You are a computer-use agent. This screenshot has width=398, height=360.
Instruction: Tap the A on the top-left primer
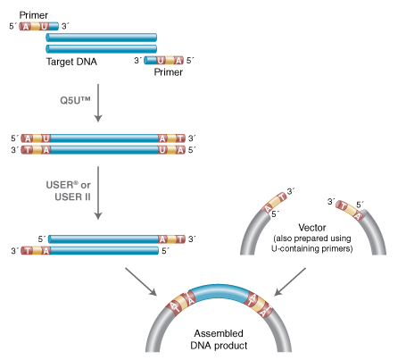point(27,26)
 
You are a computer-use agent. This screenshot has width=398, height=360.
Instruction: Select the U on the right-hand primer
point(161,60)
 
